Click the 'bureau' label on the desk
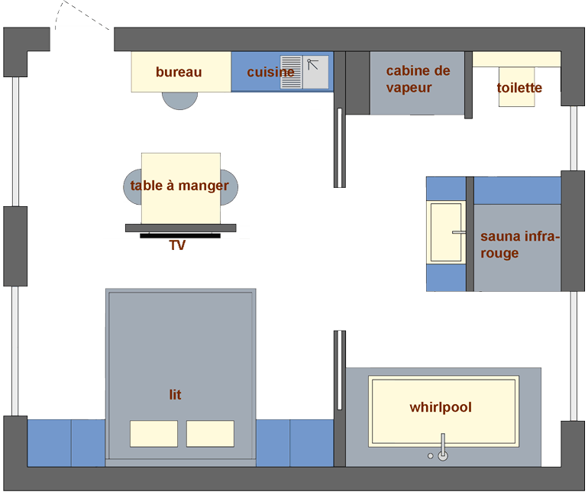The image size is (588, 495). click(x=179, y=72)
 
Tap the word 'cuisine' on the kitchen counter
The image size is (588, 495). click(x=271, y=72)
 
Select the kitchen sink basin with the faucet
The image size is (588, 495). click(x=315, y=72)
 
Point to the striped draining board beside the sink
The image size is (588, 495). click(x=292, y=72)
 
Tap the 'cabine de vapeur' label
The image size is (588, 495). click(x=418, y=79)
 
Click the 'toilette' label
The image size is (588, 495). click(x=519, y=88)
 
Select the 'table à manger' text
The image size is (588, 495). click(x=179, y=186)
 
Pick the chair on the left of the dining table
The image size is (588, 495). click(x=132, y=186)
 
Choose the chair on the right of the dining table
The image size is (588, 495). click(x=229, y=187)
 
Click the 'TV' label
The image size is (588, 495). click(x=177, y=245)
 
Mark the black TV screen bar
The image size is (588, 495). click(x=180, y=235)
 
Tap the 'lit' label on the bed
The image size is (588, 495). click(x=175, y=394)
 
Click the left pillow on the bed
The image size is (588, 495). click(x=153, y=433)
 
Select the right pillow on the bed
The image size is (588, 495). click(x=210, y=433)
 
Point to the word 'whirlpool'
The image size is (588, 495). click(x=441, y=407)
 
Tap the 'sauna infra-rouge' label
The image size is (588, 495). click(x=520, y=244)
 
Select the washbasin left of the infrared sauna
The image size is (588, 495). click(x=446, y=232)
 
